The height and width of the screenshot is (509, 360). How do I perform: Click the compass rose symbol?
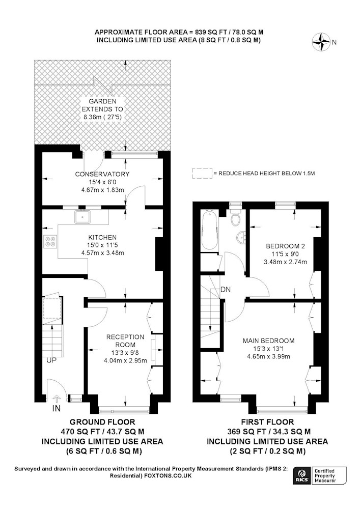pos(321,42)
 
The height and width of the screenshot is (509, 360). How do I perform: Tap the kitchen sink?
pos(83,216)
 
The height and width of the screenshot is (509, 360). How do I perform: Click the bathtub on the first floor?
pos(208,230)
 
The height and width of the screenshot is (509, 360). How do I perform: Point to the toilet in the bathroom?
pos(236,217)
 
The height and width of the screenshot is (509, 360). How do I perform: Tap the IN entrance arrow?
pos(57,399)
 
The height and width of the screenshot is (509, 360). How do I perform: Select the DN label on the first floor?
pos(225,289)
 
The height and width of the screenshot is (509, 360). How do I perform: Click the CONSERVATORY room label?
pos(102,174)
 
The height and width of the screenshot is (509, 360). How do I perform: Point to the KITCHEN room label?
pos(102,237)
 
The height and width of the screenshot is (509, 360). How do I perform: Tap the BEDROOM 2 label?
pos(285,246)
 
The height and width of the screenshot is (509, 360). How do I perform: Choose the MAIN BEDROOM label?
pos(268,341)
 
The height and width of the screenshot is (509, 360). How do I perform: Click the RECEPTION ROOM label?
pos(125,341)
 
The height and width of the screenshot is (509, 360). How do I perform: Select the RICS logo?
pos(301,476)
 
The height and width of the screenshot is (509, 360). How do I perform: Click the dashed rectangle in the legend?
pos(202,174)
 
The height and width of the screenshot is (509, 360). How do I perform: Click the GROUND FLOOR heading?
pos(102,422)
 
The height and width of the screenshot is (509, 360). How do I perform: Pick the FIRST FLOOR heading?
pos(267,422)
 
